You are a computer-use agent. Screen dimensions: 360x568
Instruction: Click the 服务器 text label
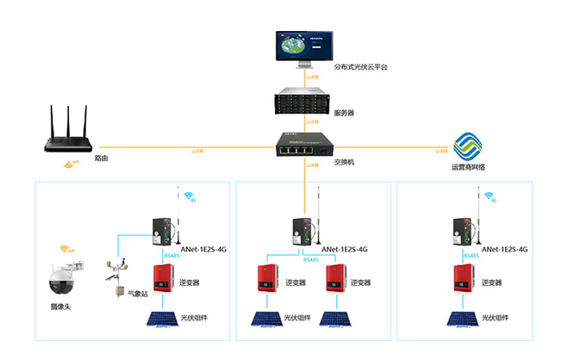click(344, 113)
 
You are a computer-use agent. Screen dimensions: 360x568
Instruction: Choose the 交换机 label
click(344, 161)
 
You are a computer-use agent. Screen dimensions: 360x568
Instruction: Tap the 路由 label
click(101, 159)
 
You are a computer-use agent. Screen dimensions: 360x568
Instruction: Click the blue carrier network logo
click(468, 145)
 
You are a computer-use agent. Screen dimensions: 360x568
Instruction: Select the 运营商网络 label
click(468, 167)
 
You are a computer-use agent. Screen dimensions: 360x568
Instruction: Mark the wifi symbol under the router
click(68, 164)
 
